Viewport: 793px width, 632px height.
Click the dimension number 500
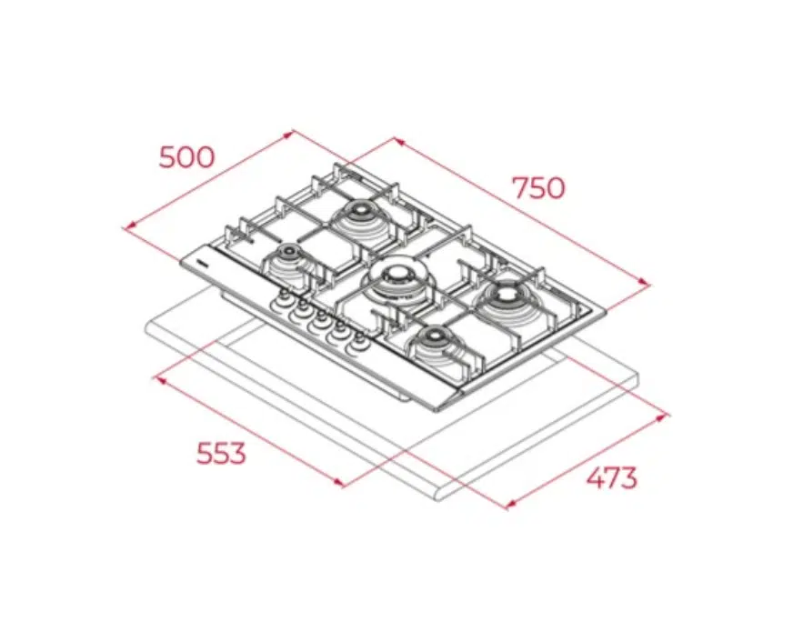pyautogui.click(x=186, y=156)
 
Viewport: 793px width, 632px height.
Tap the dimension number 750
pyautogui.click(x=538, y=187)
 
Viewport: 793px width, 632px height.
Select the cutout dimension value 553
pyautogui.click(x=221, y=453)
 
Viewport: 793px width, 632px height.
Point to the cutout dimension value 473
pyautogui.click(x=611, y=477)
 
